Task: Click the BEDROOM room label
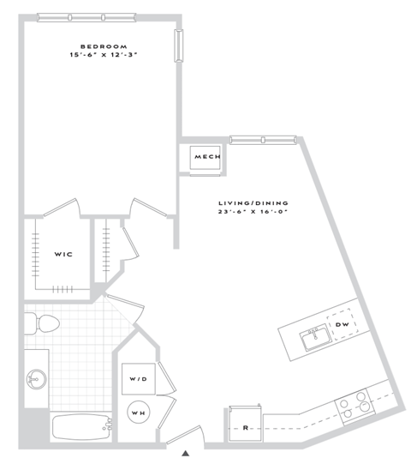[x=104, y=45]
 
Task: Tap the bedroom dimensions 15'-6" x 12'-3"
[x=104, y=56]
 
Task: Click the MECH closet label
[x=207, y=157]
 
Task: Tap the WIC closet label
[x=63, y=254]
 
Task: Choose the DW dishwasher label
[x=341, y=324]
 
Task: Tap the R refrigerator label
[x=245, y=426]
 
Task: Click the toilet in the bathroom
[x=41, y=324]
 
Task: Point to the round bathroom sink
[x=36, y=377]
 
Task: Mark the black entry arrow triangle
[x=187, y=452]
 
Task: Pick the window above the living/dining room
[x=261, y=139]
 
